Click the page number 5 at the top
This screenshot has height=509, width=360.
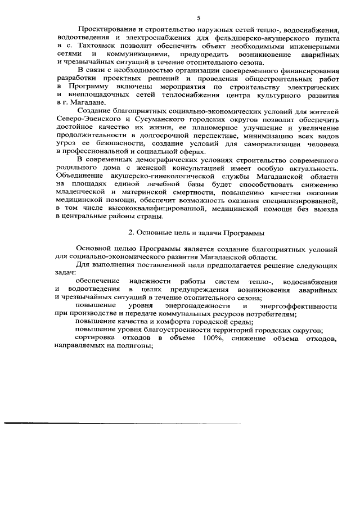[198, 17]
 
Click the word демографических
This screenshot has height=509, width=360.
[155, 161]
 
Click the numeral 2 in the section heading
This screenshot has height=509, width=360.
[130, 232]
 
